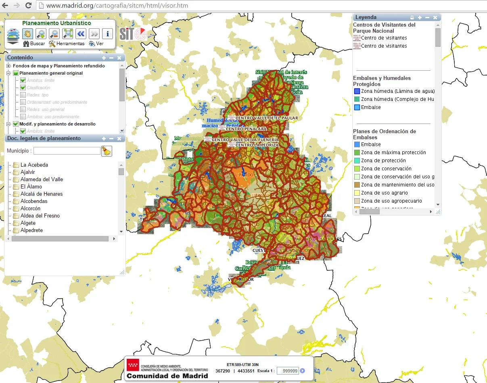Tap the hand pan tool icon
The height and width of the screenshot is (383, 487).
27,33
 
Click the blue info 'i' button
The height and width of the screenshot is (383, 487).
107,33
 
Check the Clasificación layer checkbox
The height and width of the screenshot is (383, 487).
23,88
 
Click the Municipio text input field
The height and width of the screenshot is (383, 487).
67,151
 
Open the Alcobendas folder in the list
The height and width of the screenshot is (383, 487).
34,201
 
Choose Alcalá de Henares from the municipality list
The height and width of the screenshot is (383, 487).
42,194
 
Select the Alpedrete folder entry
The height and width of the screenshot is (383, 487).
31,230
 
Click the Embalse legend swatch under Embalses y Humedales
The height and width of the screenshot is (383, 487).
357,107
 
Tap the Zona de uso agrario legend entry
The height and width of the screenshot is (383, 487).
384,193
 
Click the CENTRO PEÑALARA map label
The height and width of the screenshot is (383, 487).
246,129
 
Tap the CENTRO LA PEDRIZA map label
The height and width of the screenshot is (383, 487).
257,145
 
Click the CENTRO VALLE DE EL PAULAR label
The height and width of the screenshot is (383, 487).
267,118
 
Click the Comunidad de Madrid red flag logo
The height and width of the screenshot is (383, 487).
133,365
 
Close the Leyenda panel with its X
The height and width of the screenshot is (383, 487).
435,17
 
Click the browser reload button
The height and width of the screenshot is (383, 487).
28,6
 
